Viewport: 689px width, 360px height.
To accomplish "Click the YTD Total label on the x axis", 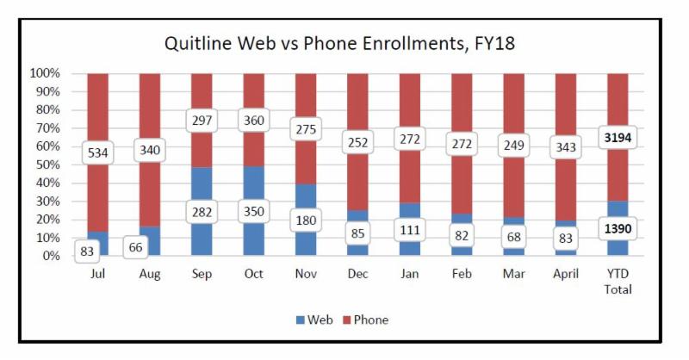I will pyautogui.click(x=618, y=281).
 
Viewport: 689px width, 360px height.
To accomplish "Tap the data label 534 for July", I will pyautogui.click(x=98, y=153).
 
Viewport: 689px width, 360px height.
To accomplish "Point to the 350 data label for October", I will pyautogui.click(x=254, y=211).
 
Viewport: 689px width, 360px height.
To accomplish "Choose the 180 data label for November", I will pyautogui.click(x=306, y=220).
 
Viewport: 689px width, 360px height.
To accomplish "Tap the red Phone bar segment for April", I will pyautogui.click(x=567, y=103).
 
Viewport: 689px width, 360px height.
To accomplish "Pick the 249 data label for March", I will pyautogui.click(x=514, y=145).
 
